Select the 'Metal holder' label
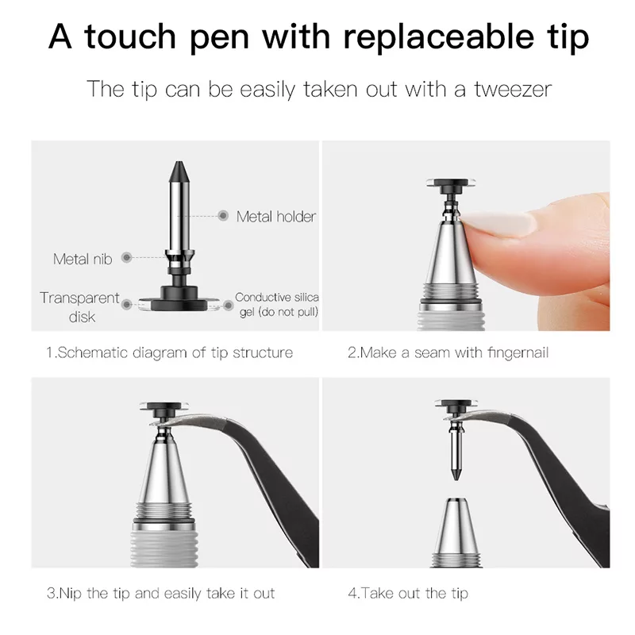point(275,216)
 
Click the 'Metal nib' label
point(83,259)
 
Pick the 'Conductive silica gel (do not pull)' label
point(277,305)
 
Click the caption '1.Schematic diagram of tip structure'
point(168,352)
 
